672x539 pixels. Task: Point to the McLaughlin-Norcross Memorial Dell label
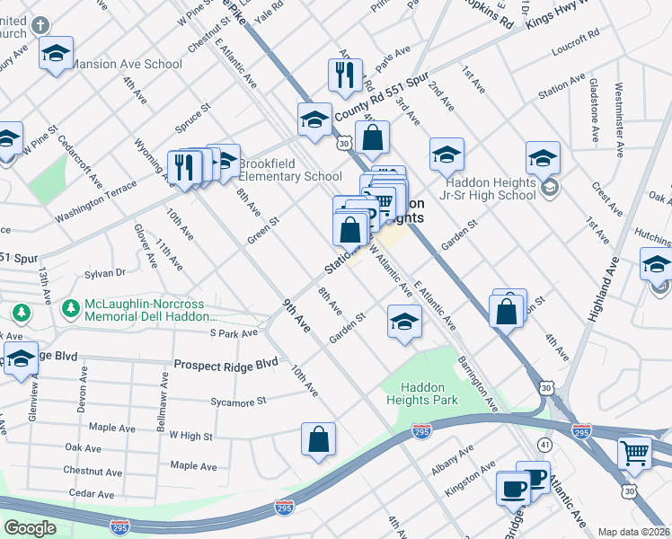pos(151,310)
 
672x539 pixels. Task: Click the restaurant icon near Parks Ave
pos(345,75)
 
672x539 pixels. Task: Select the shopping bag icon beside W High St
pos(319,440)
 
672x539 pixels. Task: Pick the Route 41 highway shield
pos(544,444)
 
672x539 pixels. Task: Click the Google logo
pos(30,527)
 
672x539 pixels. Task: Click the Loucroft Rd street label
pos(578,37)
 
